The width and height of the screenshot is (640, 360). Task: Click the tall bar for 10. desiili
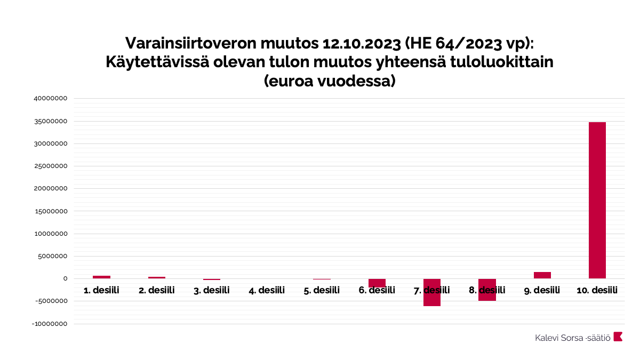pyautogui.click(x=597, y=200)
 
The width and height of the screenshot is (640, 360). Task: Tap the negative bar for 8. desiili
pyautogui.click(x=487, y=290)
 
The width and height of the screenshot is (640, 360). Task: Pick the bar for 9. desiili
pyautogui.click(x=542, y=275)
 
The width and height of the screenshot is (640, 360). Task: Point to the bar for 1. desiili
pyautogui.click(x=101, y=277)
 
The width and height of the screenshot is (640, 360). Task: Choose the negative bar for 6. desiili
pyautogui.click(x=377, y=283)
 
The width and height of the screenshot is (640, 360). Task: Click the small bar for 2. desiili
pyautogui.click(x=157, y=277)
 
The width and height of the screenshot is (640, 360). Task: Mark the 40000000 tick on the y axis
pyautogui.click(x=50, y=99)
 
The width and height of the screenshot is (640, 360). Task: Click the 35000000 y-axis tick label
pyautogui.click(x=50, y=121)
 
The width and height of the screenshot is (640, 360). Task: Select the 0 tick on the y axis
pyautogui.click(x=65, y=278)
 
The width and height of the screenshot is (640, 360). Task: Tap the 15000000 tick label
pyautogui.click(x=50, y=211)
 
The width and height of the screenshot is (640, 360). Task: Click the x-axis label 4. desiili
pyautogui.click(x=267, y=290)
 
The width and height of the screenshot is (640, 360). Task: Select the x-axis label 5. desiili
pyautogui.click(x=322, y=290)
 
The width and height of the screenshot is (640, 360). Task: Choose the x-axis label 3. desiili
pyautogui.click(x=212, y=290)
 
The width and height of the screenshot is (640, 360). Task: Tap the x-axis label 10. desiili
pyautogui.click(x=597, y=290)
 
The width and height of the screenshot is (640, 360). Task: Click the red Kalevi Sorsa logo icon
pyautogui.click(x=618, y=337)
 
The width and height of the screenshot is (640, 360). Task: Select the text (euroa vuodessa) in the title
pyautogui.click(x=329, y=82)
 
